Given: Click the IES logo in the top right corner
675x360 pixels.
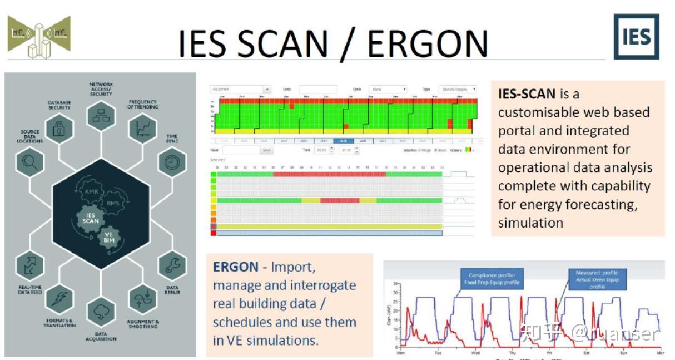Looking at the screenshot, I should point(636,37).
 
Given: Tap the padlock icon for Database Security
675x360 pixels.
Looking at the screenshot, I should point(59,129).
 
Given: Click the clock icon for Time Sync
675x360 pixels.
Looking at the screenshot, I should point(172,162).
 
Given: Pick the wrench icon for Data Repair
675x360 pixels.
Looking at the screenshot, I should point(172,265).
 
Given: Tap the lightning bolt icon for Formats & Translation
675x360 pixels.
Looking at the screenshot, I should point(59,299).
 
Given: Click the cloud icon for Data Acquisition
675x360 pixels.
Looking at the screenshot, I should point(101,312).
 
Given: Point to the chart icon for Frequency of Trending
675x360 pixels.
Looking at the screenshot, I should point(143,129).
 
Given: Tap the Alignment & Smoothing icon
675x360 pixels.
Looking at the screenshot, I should point(143,299).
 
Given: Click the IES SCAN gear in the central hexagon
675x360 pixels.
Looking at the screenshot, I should point(91,217).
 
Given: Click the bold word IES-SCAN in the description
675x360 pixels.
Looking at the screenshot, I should point(527,93).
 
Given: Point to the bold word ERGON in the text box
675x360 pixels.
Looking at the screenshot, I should point(236,267).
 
